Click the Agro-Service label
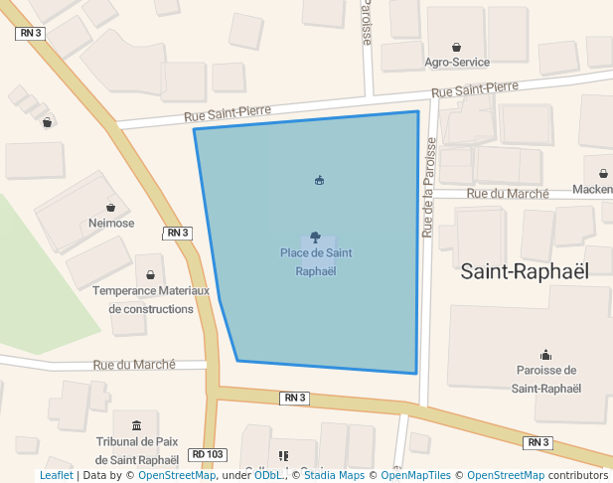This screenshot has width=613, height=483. coord(456,62)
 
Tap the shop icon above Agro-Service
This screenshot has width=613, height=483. coord(456,47)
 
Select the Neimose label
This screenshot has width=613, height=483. coord(111,224)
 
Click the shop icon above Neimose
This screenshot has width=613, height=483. coord(111,208)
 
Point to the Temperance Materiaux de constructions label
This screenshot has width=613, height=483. coord(151,299)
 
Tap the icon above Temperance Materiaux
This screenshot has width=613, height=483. coord(151,274)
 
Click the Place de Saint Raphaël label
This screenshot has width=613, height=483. coord(316,261)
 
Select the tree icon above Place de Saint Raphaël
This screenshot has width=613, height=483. coord(316,238)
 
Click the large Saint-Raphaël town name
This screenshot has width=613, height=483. coord(525,270)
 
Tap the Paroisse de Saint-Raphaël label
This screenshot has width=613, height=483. coord(545,379)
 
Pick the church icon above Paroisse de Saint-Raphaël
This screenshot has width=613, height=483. coord(545,354)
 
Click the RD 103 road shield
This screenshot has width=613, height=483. coord(208,454)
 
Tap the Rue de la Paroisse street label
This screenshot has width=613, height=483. coord(429,187)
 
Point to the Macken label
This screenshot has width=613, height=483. coord(593,189)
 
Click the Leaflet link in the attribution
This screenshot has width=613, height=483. coord(56,475)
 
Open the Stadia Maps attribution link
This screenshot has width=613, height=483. coord(334,475)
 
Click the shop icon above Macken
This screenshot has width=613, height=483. coord(604,173)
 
